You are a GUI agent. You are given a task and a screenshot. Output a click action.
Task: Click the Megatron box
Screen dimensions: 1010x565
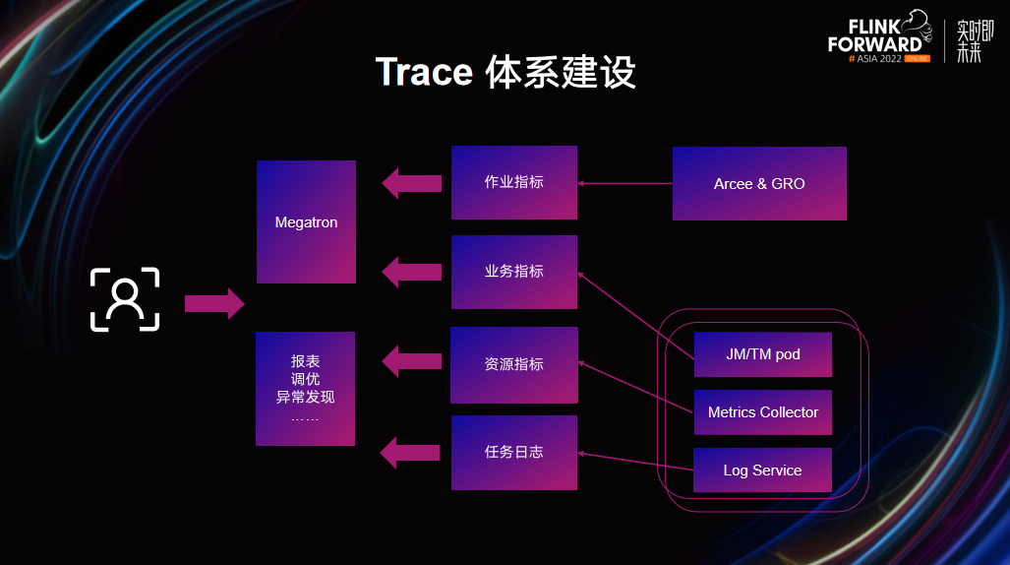306,221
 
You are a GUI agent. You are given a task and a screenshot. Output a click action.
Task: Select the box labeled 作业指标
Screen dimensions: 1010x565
514,182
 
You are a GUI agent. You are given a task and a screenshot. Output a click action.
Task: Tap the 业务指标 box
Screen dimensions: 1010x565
514,273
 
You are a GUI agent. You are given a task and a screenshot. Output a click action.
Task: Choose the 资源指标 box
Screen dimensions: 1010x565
514,365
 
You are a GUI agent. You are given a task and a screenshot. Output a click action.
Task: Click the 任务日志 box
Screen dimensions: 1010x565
514,453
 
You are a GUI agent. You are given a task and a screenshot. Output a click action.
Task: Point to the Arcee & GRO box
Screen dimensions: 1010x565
759,184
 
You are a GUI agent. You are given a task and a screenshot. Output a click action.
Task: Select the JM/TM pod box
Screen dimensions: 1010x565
763,354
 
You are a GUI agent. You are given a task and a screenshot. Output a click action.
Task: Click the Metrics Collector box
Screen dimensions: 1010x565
763,412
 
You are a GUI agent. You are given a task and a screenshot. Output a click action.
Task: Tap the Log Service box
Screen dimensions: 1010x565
762,471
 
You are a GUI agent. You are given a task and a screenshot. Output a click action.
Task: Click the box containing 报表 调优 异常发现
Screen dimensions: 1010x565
305,389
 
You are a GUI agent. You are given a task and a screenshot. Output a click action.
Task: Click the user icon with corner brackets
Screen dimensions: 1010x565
125,299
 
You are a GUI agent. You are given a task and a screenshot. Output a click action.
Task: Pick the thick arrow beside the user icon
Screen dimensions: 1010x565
214,304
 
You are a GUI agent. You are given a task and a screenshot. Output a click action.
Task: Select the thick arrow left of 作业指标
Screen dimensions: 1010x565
412,184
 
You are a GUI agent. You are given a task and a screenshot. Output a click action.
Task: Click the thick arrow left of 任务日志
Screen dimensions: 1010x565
410,453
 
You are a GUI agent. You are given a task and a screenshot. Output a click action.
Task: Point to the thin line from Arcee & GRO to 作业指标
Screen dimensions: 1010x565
624,184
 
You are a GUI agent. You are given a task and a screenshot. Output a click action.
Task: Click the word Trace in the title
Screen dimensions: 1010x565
424,72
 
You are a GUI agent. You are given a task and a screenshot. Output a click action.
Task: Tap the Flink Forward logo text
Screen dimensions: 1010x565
876,36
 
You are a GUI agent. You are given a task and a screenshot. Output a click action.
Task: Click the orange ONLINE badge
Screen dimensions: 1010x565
918,59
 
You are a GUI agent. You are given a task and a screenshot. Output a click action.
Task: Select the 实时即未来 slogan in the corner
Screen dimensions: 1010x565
975,41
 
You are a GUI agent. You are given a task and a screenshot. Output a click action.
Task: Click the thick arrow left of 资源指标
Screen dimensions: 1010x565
412,361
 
